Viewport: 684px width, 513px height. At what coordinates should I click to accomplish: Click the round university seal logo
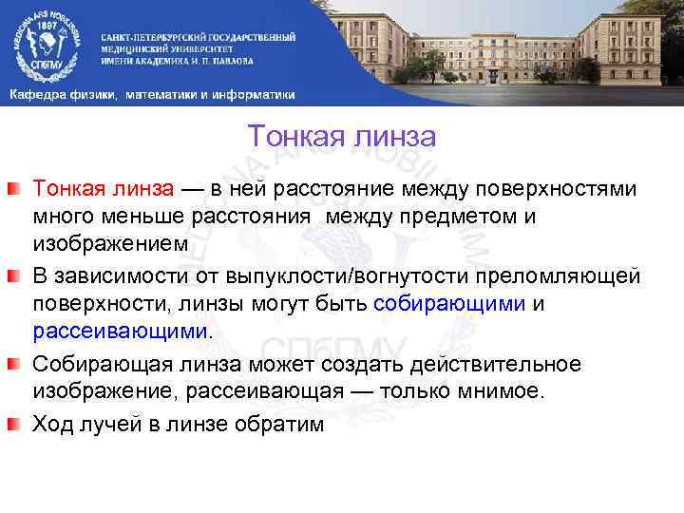pos(46,44)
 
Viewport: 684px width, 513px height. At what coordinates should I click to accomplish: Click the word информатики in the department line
pos(252,95)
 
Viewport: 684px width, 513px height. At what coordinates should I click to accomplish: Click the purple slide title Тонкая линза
pos(341,138)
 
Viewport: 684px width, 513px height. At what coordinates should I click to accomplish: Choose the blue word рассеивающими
pos(119,331)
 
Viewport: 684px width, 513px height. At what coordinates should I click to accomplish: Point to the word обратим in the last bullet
pos(282,423)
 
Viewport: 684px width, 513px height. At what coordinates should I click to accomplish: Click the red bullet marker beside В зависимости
pos(16,275)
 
